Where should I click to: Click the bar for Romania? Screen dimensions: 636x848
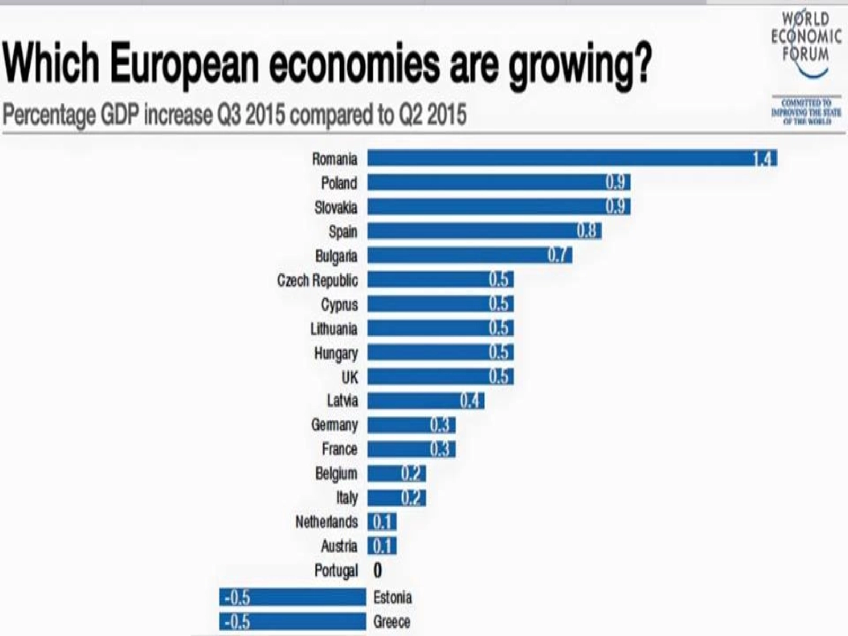572,158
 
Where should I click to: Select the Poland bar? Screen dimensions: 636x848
498,183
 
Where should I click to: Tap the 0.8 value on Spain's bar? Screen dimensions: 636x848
586,231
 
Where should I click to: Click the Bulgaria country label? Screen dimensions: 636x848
336,256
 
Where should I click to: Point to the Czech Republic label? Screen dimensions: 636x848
317,280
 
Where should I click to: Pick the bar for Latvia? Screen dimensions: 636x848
426,401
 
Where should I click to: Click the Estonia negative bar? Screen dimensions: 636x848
293,597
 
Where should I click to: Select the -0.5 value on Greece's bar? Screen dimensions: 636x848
237,622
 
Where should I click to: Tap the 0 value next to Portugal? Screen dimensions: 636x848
377,570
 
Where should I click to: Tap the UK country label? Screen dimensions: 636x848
350,377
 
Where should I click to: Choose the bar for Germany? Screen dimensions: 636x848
411,425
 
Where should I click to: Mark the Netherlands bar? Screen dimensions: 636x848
382,522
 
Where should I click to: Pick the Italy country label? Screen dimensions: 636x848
347,498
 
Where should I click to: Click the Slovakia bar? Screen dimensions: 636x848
498,207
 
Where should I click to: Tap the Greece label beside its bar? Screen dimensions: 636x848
392,622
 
